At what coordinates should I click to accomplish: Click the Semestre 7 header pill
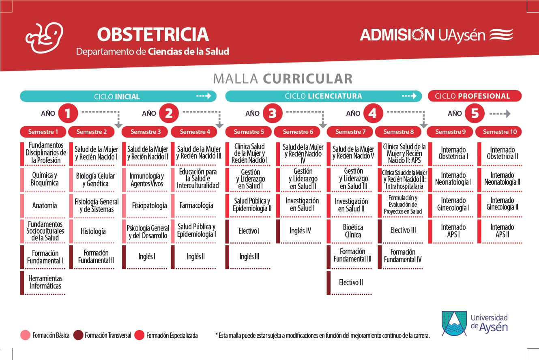[x=350, y=132]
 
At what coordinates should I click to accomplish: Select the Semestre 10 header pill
[x=498, y=132]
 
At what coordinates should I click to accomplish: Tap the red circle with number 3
[x=273, y=113]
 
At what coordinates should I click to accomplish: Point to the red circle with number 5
[x=475, y=113]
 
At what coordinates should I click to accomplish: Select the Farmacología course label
[x=196, y=205]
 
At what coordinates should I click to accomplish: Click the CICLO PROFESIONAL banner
[x=475, y=96]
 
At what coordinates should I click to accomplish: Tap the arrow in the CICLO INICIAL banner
[x=204, y=96]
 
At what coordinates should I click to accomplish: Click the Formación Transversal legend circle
[x=78, y=335]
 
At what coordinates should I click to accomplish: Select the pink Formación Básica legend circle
[x=25, y=335]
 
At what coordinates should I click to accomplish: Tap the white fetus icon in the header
[x=45, y=38]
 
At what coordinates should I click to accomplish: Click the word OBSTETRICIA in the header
[x=153, y=34]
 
